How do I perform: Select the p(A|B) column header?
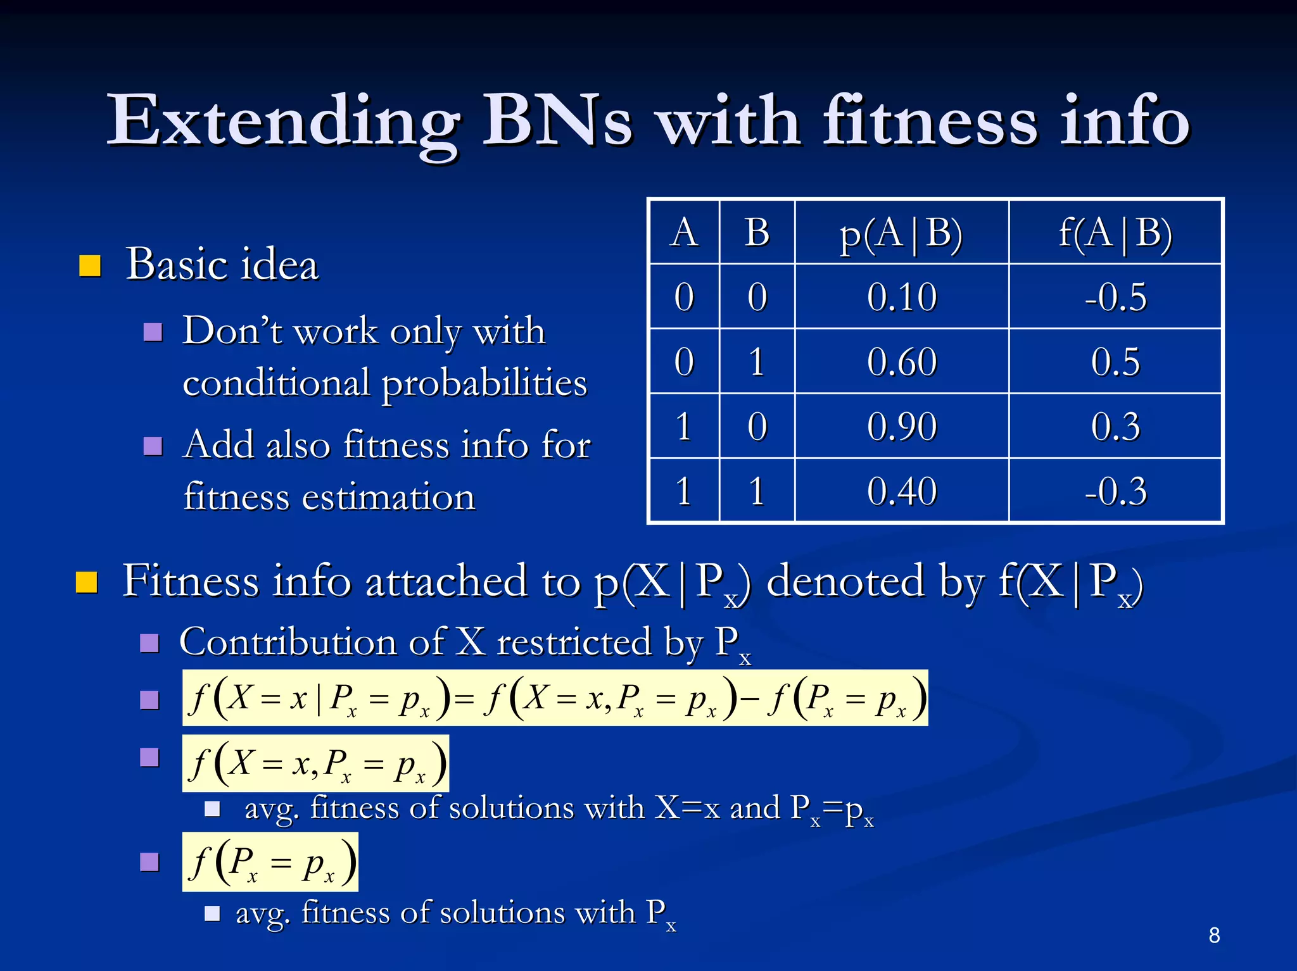pos(901,233)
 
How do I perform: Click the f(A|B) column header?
pos(1115,233)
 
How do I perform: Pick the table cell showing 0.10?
pos(901,297)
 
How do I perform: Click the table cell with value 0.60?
pos(901,362)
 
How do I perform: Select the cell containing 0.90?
pos(901,427)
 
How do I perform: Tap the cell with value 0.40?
pos(901,491)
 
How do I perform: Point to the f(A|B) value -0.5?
pos(1115,297)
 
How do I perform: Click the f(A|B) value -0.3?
pos(1115,491)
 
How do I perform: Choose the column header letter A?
pos(684,233)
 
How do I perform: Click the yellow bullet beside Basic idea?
pos(90,266)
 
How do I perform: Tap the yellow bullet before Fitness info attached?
pos(87,582)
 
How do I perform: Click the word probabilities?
pos(484,384)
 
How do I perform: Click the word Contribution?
pos(288,642)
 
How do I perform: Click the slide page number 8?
pos(1213,935)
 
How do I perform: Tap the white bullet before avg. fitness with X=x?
pos(212,809)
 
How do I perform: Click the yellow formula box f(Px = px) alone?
pos(270,862)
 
